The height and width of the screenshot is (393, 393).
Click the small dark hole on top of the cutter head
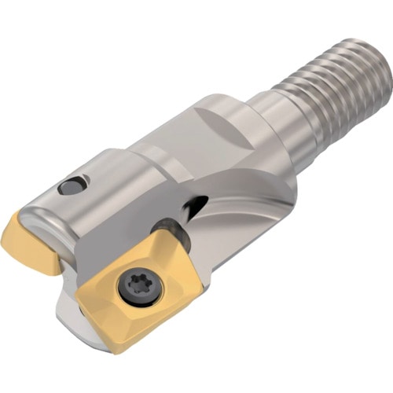(x=71, y=187)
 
